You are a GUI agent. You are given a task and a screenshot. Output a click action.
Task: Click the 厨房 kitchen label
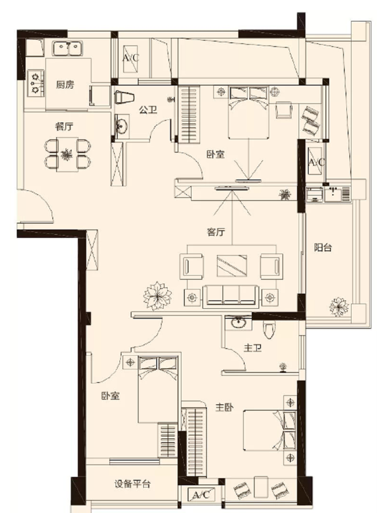pyautogui.click(x=65, y=84)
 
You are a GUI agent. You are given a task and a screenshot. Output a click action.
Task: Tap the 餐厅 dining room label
pyautogui.click(x=64, y=126)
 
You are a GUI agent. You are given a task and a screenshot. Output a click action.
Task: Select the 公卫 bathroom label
pyautogui.click(x=148, y=110)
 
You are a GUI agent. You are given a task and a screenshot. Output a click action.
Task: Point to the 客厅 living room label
pyautogui.click(x=215, y=232)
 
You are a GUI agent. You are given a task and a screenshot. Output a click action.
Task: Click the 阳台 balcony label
pyautogui.click(x=323, y=247)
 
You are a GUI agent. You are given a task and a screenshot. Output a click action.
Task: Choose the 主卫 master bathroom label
pyautogui.click(x=253, y=348)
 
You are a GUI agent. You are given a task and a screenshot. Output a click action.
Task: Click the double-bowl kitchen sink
pyautogui.click(x=67, y=48)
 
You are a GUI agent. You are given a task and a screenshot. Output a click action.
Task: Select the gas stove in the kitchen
pyautogui.click(x=36, y=83)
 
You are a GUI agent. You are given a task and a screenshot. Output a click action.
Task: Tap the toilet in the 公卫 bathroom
pyautogui.click(x=124, y=97)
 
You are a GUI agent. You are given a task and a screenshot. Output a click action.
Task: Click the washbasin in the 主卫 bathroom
pyautogui.click(x=238, y=323)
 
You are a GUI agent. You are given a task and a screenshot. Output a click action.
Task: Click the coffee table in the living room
pyautogui.click(x=232, y=266)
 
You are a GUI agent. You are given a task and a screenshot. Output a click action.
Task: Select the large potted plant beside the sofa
pyautogui.click(x=158, y=296)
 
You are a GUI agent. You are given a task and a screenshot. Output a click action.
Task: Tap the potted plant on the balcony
pyautogui.click(x=339, y=307)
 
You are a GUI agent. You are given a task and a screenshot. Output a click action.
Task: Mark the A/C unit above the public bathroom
pyautogui.click(x=130, y=59)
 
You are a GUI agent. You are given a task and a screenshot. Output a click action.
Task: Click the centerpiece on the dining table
pyautogui.click(x=67, y=155)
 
